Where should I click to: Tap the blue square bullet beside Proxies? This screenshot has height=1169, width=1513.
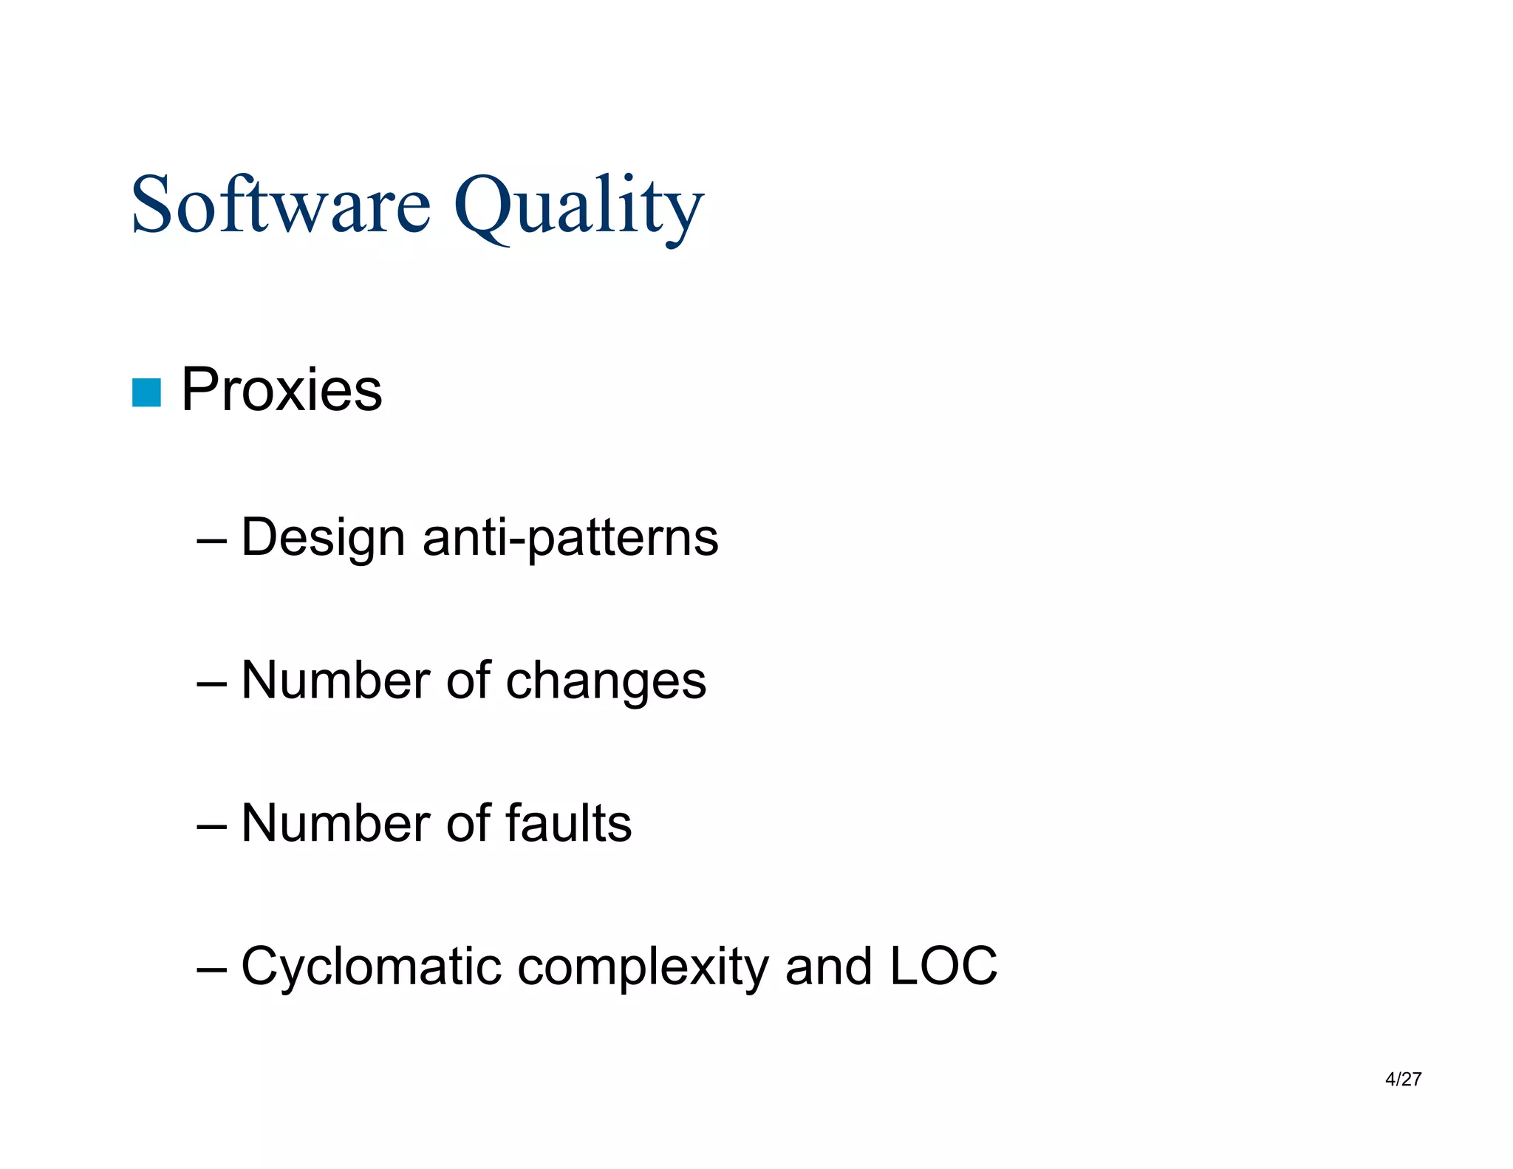point(146,392)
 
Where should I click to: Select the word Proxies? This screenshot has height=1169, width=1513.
point(281,389)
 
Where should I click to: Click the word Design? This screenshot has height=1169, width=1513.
point(323,538)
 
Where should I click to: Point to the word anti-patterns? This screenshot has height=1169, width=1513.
point(570,538)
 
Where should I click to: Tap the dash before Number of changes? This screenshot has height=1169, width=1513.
point(211,682)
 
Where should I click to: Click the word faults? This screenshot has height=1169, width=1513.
point(568,823)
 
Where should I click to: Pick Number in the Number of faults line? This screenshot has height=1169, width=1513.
point(335,823)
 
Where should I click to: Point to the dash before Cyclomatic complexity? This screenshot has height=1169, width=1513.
point(211,968)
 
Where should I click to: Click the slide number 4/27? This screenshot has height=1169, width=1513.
point(1403,1079)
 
